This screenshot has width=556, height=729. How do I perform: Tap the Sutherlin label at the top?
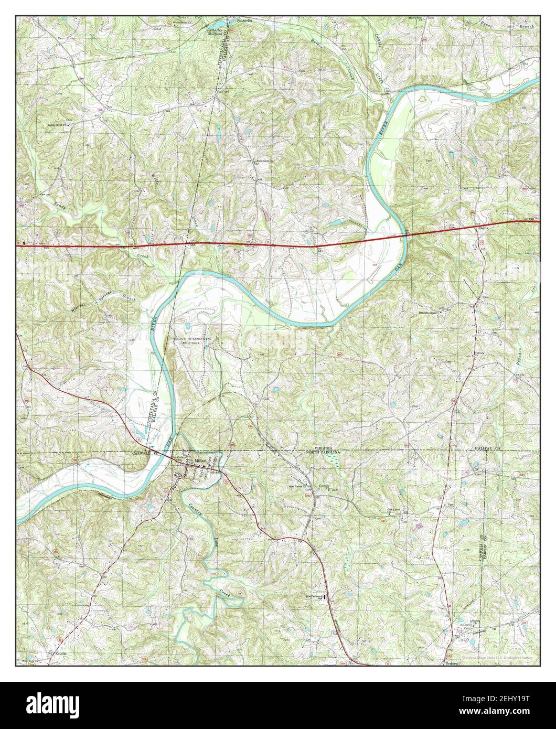[243, 20]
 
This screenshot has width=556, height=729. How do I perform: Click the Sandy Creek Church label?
[58, 126]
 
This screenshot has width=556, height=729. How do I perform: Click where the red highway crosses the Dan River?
[405, 235]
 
